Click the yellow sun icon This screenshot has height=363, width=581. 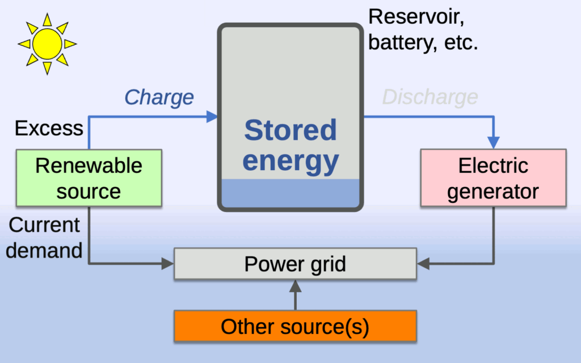point(47,44)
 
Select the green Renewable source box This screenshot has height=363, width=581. point(89,178)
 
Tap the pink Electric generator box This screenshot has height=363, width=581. point(493,178)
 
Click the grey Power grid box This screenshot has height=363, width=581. point(295,263)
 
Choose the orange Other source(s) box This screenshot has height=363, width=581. point(295,326)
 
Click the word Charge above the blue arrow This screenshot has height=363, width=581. point(159,98)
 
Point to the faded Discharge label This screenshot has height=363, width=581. point(430,97)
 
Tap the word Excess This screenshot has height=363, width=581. point(49,128)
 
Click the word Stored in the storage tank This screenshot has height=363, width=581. point(290,130)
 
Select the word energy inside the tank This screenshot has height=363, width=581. point(290,161)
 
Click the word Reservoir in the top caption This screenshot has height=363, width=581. point(416,17)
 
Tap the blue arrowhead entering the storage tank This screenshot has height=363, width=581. point(212,117)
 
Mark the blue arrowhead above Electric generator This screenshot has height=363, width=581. point(494,142)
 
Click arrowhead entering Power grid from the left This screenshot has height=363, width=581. point(168,264)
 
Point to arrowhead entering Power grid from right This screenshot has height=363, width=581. point(423,264)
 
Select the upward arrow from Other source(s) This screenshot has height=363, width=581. point(295,295)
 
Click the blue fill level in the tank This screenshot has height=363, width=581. point(290,193)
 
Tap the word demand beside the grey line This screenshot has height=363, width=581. point(44,250)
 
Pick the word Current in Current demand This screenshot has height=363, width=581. point(44,225)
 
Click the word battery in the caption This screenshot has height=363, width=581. point(400,42)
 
